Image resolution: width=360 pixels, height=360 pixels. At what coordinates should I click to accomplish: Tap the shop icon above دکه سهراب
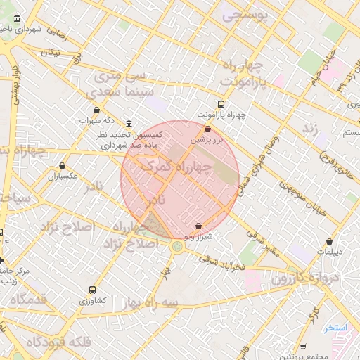[96, 110]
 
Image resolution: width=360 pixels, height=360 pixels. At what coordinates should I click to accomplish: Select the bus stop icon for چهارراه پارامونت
[221, 104]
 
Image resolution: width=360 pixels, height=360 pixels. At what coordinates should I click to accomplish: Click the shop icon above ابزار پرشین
[207, 129]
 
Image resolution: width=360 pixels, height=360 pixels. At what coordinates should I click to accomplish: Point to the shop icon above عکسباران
[62, 166]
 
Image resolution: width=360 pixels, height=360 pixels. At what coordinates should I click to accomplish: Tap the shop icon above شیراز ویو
[198, 226]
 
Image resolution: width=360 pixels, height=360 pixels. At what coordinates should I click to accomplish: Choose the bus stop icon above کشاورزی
[92, 290]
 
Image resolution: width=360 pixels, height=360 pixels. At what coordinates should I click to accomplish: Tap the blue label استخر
[336, 328]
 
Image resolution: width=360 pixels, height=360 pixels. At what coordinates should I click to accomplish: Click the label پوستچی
[244, 15]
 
